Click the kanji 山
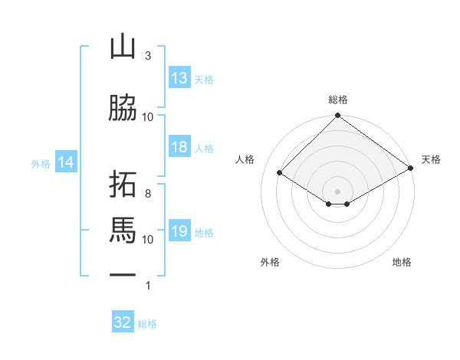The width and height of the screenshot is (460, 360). pos(123,47)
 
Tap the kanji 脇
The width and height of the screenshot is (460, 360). pos(123,107)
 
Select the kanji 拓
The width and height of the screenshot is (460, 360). pos(123,184)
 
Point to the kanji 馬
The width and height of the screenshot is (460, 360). pos(123,231)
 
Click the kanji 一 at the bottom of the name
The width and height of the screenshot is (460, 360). pos(123,275)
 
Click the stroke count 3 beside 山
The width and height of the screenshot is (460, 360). pos(148,56)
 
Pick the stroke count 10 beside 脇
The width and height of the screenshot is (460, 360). pos(147,117)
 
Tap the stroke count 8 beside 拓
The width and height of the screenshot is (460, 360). pos(148,194)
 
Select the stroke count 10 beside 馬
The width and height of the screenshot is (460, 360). pos(147,240)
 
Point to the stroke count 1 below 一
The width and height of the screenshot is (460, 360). pos(148,286)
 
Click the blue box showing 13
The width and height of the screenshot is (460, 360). pos(180,77)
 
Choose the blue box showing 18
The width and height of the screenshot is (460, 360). pos(180,146)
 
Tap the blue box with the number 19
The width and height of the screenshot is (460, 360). pos(180,230)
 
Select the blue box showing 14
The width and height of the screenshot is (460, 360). pos(66,162)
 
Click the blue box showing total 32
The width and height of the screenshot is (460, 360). pos(123,321)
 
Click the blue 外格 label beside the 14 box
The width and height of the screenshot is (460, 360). pos(41,164)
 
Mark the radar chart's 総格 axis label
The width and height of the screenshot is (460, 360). pos(338,100)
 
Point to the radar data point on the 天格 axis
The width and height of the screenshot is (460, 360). pos(411,168)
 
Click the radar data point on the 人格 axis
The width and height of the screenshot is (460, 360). pos(280,172)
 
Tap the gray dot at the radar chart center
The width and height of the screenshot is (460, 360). pos(337,191)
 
